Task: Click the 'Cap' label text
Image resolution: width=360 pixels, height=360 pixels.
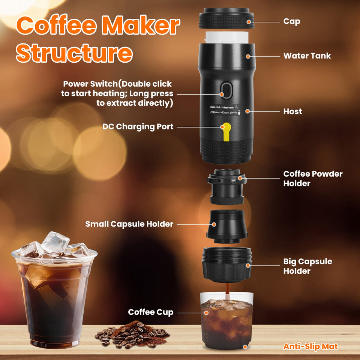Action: tap(292, 21)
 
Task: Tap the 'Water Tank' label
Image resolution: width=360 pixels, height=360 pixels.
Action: tap(307, 56)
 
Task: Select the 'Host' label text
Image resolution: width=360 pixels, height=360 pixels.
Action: tap(292, 111)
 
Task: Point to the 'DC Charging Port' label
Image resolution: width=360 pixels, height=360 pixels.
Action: tap(138, 127)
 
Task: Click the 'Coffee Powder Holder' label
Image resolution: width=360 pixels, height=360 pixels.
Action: tap(313, 178)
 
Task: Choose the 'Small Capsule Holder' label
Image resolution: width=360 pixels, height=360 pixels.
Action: tap(129, 224)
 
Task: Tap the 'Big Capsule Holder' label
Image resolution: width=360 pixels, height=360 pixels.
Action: tap(307, 266)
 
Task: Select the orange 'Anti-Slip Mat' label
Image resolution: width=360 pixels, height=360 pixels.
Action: tap(310, 346)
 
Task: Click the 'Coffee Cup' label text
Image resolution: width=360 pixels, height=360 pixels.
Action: tap(151, 312)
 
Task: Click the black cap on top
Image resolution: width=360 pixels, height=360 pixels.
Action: tap(226, 18)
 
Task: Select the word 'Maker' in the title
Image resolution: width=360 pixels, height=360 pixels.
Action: tap(141, 25)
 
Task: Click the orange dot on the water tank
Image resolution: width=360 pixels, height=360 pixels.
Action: tap(248, 56)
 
